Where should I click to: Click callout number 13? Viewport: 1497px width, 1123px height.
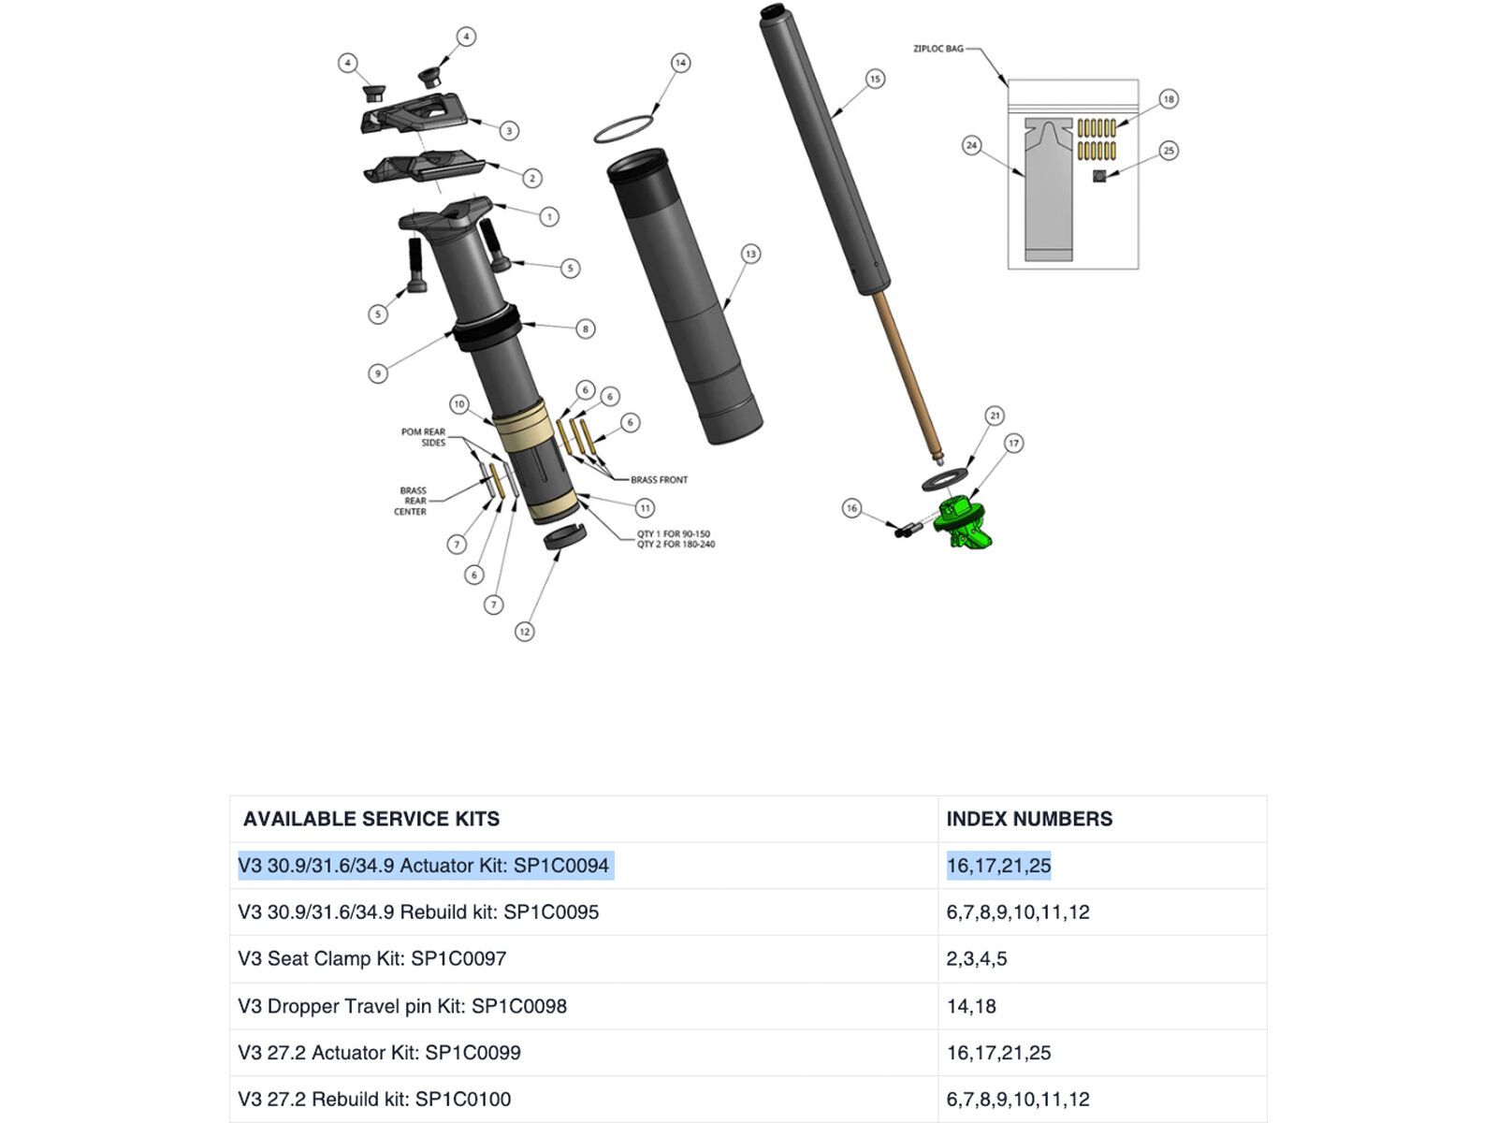750,254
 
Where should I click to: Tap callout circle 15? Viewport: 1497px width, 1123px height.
875,79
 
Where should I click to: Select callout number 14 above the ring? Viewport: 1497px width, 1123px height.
680,63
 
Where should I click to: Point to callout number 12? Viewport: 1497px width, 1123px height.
525,632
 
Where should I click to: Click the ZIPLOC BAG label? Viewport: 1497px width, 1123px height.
937,49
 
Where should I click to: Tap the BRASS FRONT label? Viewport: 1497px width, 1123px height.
659,480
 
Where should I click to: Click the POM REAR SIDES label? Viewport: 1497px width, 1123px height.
424,437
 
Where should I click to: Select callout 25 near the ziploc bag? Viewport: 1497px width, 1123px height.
1169,151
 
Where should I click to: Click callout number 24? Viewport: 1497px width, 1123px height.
972,145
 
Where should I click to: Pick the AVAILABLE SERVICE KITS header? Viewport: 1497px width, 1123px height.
371,819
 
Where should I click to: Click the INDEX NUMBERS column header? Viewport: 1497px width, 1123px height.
1029,819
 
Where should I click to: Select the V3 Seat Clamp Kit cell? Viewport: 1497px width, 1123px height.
372,959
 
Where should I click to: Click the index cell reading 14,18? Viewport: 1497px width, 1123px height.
971,1006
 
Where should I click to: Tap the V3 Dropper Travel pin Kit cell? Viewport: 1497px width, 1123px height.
402,1006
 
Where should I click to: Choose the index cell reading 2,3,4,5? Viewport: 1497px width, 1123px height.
977,959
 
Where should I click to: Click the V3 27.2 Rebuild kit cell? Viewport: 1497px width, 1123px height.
374,1100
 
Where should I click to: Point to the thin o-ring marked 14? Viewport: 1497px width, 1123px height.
623,129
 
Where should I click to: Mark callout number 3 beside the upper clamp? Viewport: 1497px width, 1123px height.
509,131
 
